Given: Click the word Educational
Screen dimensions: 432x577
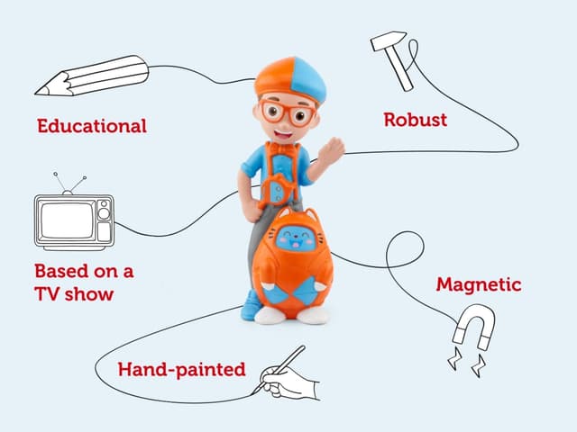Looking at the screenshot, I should [91, 126].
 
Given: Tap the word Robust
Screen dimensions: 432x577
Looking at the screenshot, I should [415, 119].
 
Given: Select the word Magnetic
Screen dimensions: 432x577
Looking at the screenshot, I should [479, 284].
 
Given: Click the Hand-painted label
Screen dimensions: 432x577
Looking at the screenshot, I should [181, 369].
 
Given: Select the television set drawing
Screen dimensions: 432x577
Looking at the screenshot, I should [74, 220].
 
